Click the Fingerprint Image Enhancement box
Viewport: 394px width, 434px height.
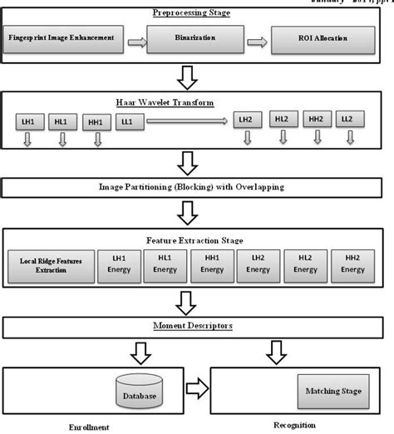pos(66,38)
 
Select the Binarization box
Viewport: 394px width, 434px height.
pos(195,38)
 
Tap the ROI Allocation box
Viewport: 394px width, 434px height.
pos(323,38)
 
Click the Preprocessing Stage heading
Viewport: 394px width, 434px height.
pos(191,12)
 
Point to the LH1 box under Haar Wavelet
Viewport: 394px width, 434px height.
pos(27,121)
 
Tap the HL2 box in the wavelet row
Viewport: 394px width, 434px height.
pos(281,121)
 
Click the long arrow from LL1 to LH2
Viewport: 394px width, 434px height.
pos(188,121)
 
